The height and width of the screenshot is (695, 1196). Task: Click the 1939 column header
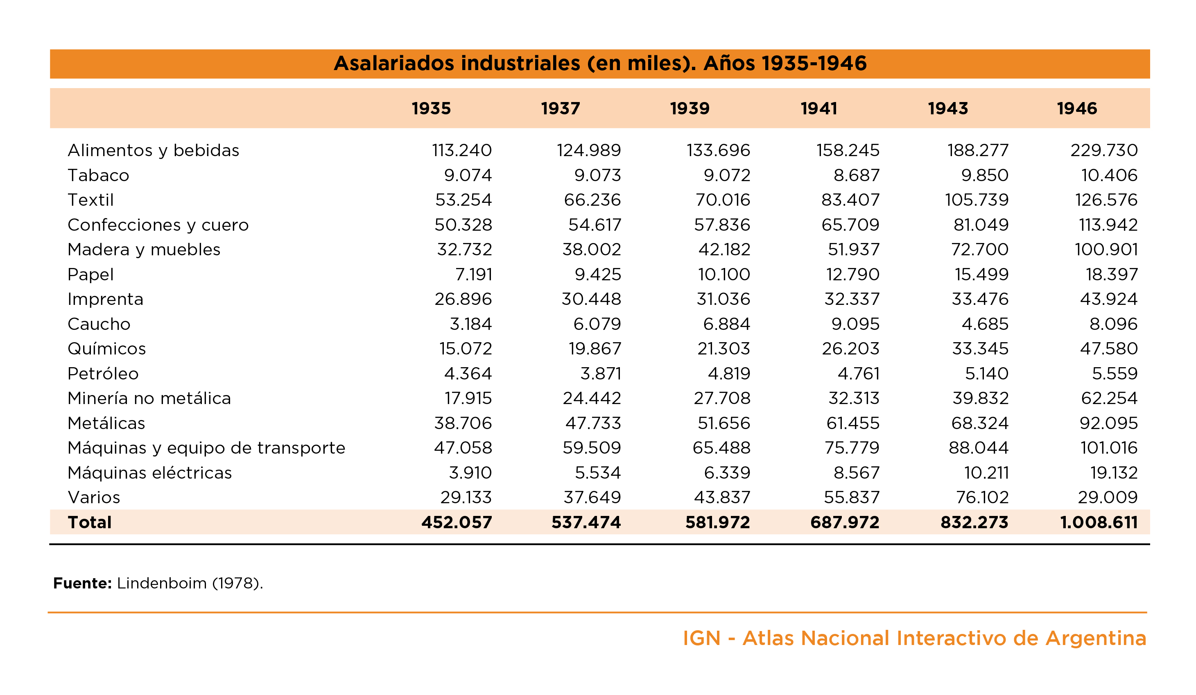(690, 108)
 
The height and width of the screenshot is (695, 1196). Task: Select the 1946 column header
(1077, 108)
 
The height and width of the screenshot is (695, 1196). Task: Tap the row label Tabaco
(98, 175)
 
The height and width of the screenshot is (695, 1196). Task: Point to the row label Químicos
(107, 348)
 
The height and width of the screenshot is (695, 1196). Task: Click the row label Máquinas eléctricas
(149, 472)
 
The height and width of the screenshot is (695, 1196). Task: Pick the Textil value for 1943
(977, 200)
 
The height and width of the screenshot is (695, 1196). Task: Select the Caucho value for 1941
(855, 324)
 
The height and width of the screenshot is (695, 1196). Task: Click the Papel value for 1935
(474, 275)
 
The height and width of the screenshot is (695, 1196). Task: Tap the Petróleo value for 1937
(601, 373)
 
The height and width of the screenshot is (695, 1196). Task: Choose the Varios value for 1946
(1108, 497)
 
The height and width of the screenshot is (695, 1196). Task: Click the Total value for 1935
(457, 522)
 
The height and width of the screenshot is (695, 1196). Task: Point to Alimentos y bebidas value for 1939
(719, 150)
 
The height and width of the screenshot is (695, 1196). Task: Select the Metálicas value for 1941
(853, 423)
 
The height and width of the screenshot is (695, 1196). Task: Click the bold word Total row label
(90, 522)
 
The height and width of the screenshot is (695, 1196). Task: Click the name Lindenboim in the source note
(162, 584)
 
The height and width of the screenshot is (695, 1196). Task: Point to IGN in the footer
(701, 638)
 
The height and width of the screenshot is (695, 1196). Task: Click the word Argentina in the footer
(1096, 639)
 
